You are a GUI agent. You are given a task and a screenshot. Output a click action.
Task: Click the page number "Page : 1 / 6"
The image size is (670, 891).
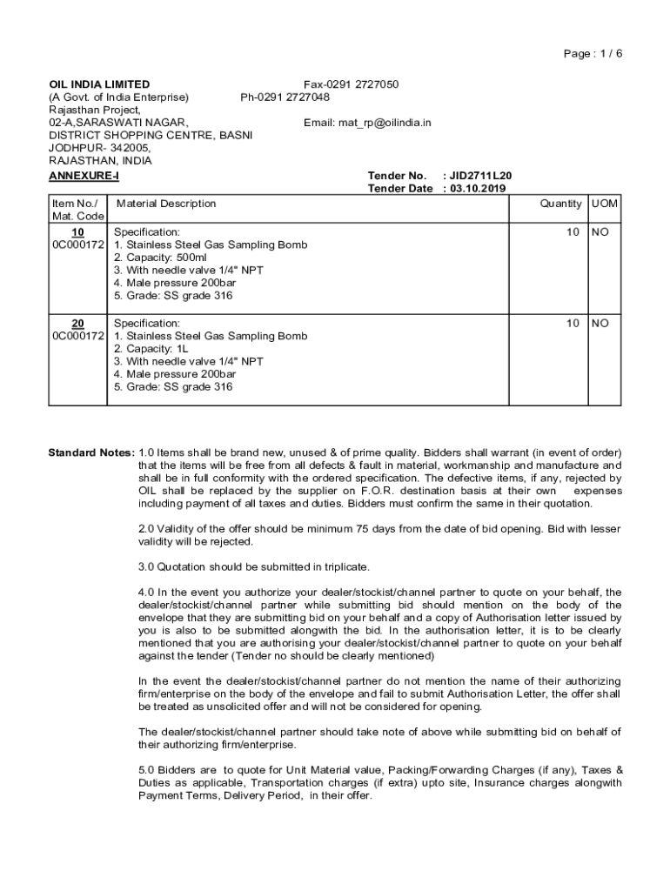coord(593,53)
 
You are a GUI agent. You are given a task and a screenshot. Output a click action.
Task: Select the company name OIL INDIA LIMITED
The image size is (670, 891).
coord(99,84)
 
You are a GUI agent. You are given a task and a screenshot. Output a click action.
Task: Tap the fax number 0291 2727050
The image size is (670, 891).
coord(351,84)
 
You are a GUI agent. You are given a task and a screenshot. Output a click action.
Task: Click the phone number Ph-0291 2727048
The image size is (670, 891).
coord(285,97)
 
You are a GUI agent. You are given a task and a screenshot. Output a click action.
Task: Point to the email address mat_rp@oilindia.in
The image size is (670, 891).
coord(367,123)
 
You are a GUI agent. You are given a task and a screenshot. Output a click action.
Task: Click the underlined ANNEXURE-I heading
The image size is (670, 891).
coord(84,176)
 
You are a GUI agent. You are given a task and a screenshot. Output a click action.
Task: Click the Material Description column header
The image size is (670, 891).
coord(166,204)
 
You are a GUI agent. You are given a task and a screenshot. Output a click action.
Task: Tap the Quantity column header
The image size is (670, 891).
coord(560,204)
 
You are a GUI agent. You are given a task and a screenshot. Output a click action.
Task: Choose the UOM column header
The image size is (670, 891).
coord(604,204)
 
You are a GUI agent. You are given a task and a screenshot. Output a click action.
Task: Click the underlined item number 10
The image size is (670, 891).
coord(77,232)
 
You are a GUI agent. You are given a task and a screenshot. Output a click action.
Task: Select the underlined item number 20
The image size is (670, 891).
coord(77,323)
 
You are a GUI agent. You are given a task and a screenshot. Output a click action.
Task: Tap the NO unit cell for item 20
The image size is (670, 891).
coord(600,323)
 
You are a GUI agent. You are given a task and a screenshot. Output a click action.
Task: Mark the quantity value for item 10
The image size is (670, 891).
coord(573,232)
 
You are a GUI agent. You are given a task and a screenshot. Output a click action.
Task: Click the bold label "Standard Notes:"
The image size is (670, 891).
coord(90,452)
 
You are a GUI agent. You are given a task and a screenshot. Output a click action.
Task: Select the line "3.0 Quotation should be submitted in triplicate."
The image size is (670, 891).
coord(254,566)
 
